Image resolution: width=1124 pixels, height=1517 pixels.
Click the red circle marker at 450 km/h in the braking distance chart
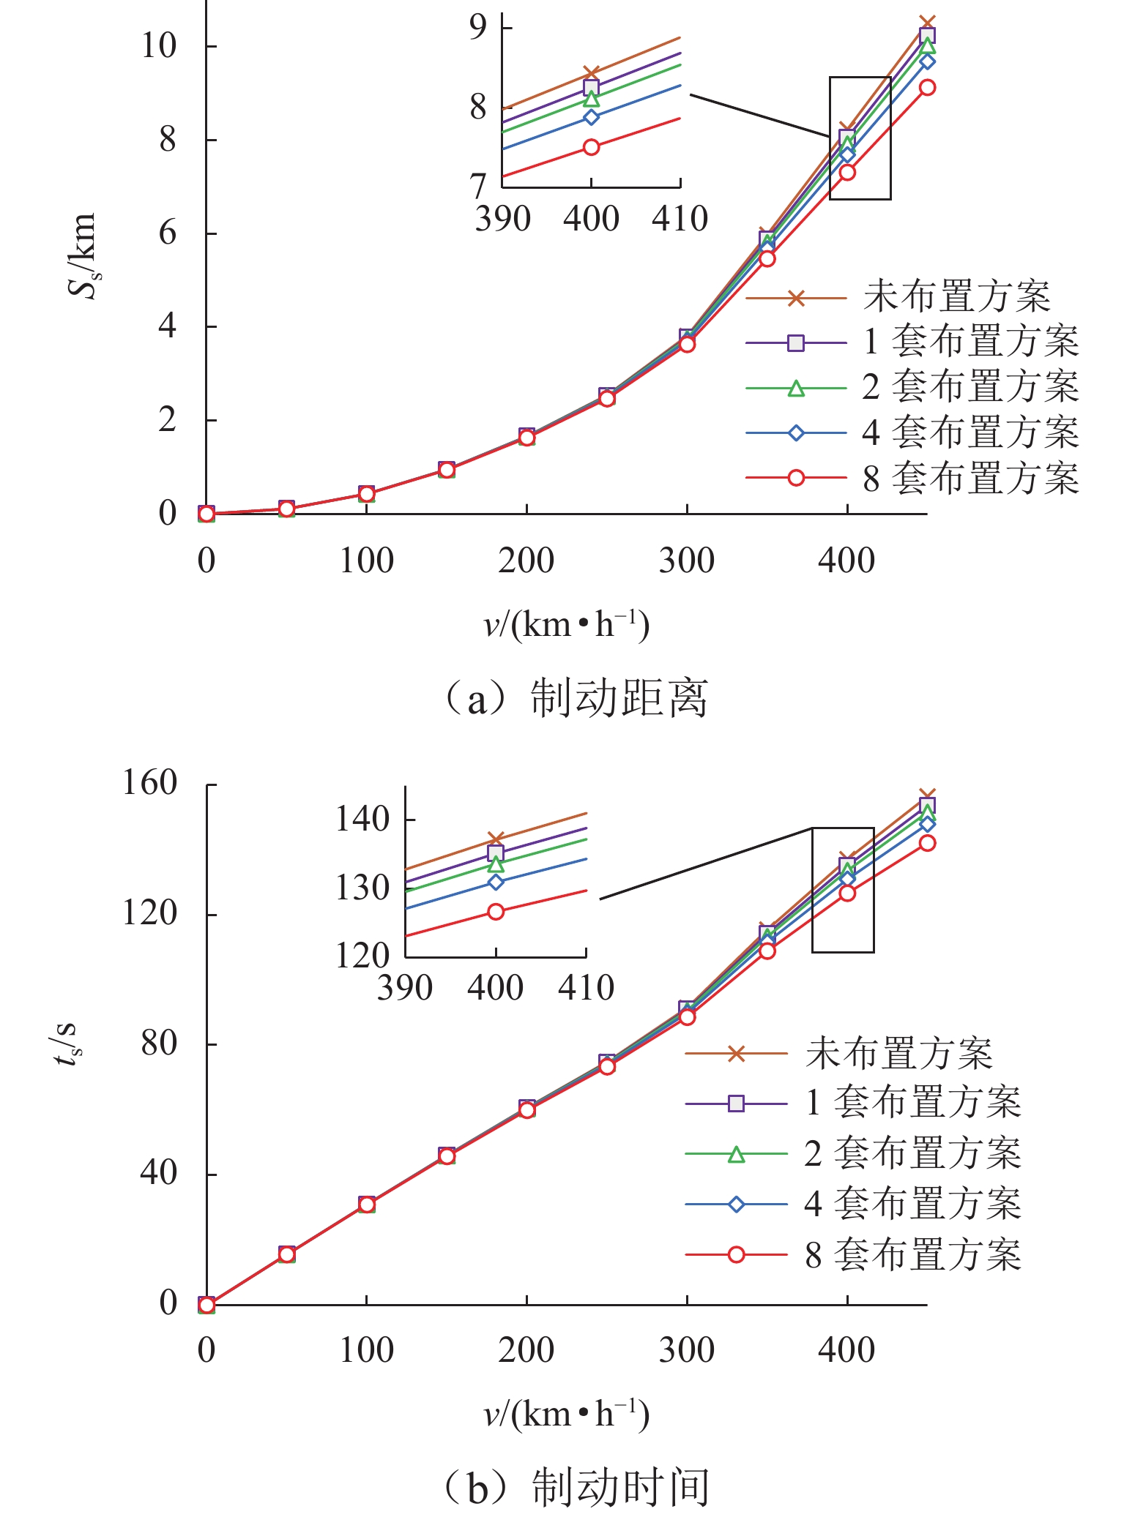pos(927,87)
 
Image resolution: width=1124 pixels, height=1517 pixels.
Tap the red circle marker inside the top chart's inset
pos(591,147)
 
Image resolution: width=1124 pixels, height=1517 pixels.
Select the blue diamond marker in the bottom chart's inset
pos(496,883)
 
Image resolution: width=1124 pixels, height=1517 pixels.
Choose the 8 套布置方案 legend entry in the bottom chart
pos(912,1254)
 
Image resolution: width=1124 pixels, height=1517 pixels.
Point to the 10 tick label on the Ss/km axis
pos(159,46)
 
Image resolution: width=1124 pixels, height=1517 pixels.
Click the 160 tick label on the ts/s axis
pos(149,784)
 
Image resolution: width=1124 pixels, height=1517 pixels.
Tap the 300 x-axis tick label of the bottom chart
pos(686,1350)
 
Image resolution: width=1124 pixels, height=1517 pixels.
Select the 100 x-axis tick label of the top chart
pos(366,561)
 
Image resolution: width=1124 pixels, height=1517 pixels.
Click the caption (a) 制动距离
pos(576,698)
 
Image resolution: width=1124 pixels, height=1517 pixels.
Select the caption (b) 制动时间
pos(576,1487)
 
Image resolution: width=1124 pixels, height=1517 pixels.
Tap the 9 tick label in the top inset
pos(478,27)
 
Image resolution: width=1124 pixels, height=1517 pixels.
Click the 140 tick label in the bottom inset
pos(362,820)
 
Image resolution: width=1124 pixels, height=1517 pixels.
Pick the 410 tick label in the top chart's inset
pos(680,219)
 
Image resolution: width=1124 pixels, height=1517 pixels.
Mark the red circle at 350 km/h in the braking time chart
pos(767,951)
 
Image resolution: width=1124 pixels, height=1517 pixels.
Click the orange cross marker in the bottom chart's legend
pos(737,1054)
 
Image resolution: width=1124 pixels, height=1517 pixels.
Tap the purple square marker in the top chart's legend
pos(796,342)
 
